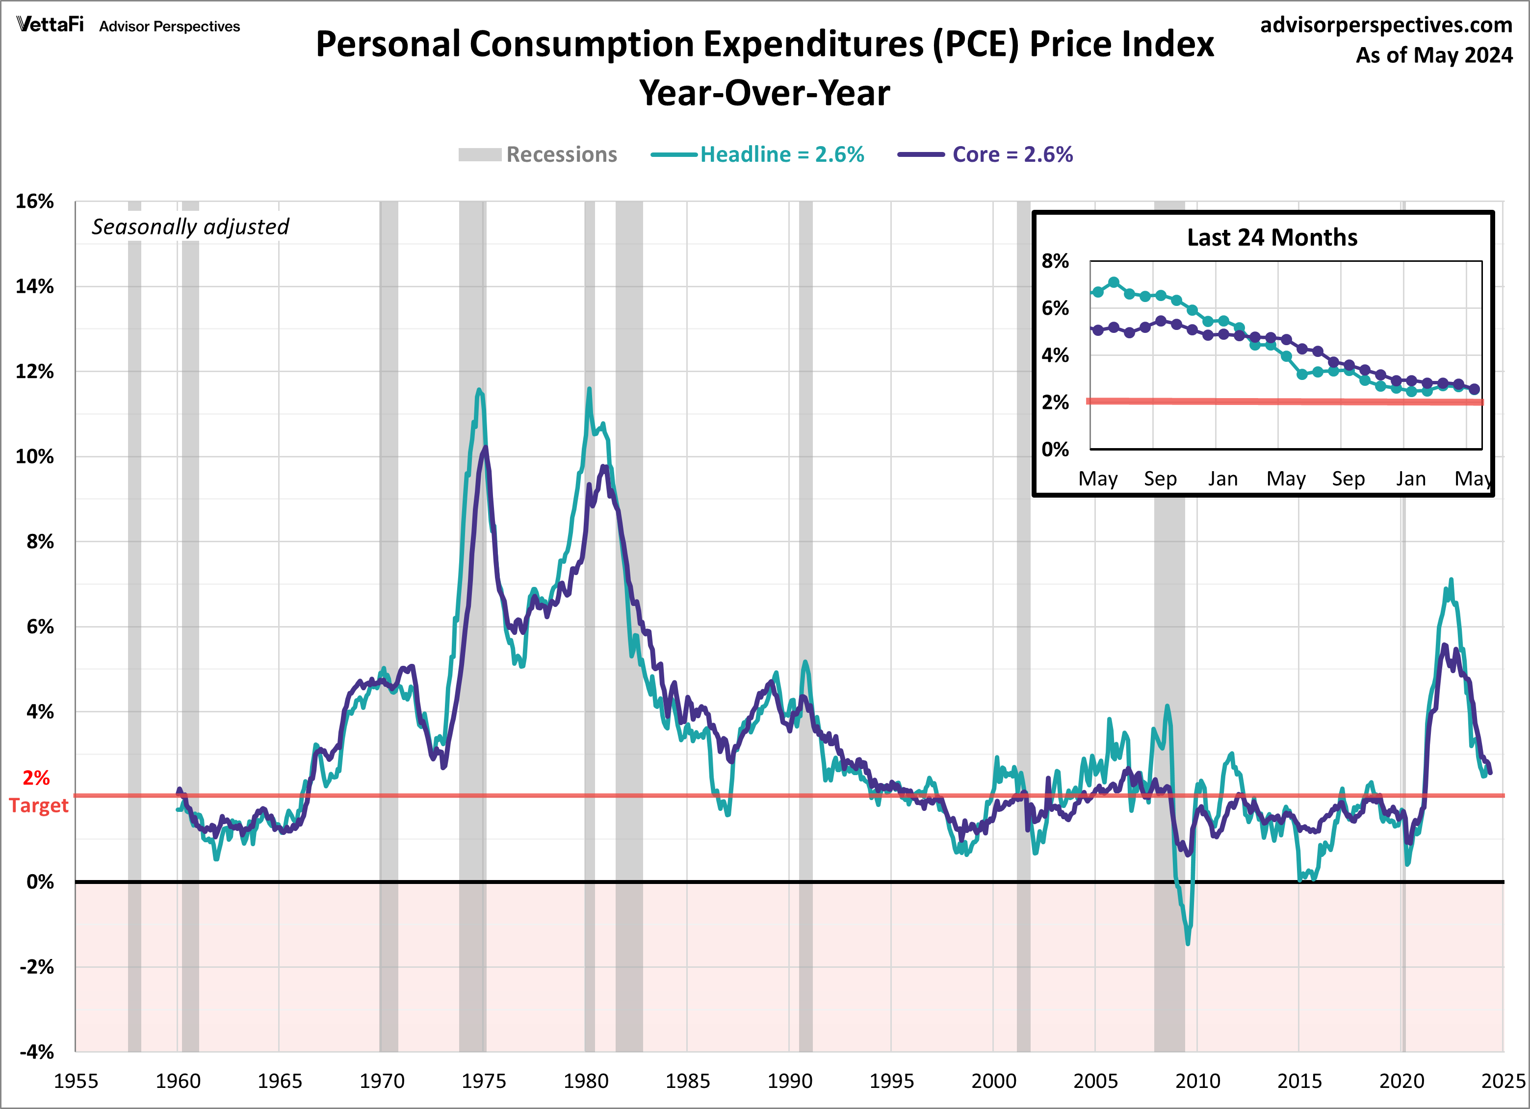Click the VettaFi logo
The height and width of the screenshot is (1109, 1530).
pos(50,25)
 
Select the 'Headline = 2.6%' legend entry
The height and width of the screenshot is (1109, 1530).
pos(781,154)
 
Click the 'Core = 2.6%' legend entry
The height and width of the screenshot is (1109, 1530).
pos(1012,154)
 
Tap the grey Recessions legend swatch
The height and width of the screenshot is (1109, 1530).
pos(480,154)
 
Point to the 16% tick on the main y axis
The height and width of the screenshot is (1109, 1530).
pos(35,201)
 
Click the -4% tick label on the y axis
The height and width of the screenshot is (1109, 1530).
pos(36,1052)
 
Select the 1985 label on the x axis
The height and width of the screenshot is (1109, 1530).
pos(687,1081)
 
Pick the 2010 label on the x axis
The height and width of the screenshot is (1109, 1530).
pos(1197,1081)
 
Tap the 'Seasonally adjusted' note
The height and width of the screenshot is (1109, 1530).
pos(190,227)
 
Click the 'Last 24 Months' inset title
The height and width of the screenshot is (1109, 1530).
pos(1271,237)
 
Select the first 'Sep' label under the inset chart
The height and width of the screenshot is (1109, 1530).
pos(1160,479)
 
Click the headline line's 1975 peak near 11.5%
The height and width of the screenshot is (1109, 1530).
pos(479,390)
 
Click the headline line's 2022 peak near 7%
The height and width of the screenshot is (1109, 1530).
pos(1451,580)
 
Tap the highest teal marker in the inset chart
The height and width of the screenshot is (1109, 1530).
pos(1114,282)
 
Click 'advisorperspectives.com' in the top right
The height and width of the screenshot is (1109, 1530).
pos(1386,25)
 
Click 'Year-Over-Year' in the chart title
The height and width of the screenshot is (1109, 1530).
pos(764,93)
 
